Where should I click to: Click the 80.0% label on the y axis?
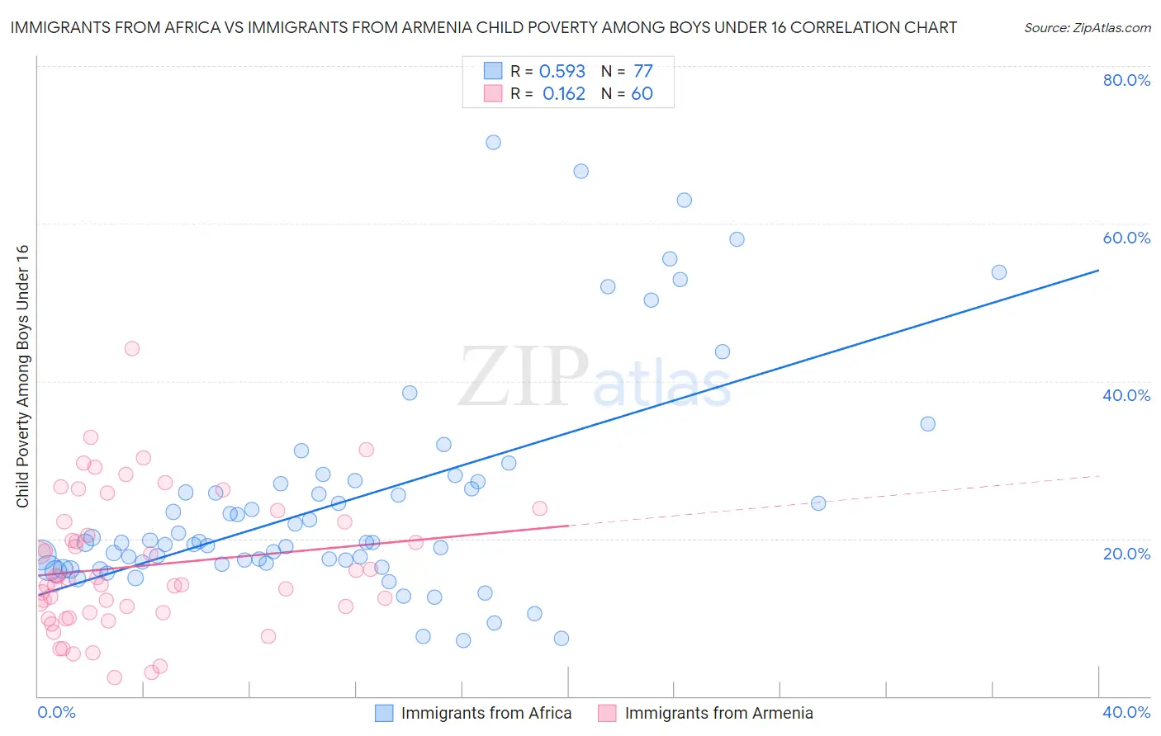click(1126, 80)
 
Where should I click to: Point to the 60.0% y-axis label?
click(1126, 238)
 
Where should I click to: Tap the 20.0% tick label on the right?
click(1126, 554)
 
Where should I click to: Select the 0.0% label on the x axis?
click(56, 712)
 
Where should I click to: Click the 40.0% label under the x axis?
click(1126, 712)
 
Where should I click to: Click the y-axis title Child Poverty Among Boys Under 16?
click(22, 376)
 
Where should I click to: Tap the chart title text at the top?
click(483, 27)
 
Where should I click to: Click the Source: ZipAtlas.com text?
click(1087, 28)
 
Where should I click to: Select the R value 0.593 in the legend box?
click(562, 72)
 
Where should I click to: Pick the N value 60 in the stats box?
click(642, 94)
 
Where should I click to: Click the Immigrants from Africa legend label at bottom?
click(486, 713)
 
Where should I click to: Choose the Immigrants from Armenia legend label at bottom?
click(718, 713)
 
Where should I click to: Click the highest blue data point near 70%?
click(493, 142)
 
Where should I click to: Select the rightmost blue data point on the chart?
click(999, 272)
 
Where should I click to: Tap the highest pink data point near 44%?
click(132, 348)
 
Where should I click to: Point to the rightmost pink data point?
click(539, 508)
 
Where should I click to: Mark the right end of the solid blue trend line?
click(1098, 270)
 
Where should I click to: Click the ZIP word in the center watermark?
click(524, 377)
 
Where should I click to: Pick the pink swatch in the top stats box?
click(493, 93)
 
